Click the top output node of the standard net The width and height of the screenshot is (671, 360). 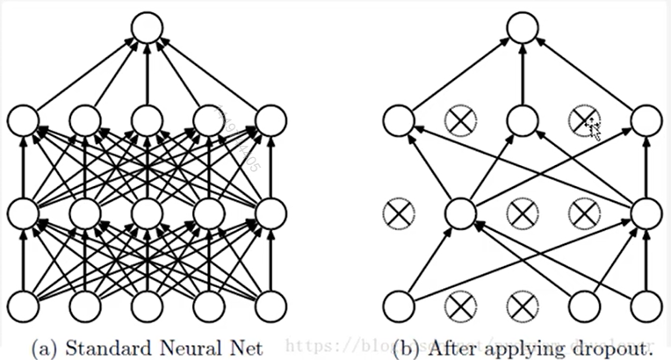coord(146,28)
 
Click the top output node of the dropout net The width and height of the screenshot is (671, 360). coord(522,28)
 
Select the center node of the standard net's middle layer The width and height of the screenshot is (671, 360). coord(146,212)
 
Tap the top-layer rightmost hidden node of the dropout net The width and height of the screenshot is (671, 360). coord(646,120)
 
